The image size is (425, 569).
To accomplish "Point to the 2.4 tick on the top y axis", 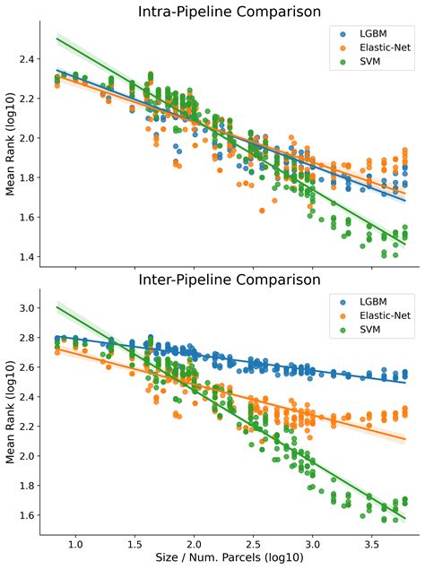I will coord(28,59).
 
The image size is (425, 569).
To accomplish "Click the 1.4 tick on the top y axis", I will coord(28,257).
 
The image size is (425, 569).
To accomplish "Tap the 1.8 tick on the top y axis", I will coord(28,178).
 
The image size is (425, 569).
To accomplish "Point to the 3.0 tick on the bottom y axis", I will coord(28,308).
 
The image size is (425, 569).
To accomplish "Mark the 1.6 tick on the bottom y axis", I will coord(28,515).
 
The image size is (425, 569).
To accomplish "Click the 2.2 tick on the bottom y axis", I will coord(28,427).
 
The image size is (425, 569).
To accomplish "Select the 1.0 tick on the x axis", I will coord(75,544).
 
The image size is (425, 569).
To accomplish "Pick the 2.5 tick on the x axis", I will coord(253,544).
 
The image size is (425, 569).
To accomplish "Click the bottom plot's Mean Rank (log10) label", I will coord(10,413).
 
